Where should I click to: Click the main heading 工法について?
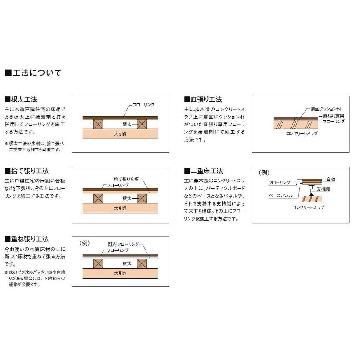[33, 73]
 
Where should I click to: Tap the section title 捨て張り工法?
[27, 171]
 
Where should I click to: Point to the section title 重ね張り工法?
[27, 239]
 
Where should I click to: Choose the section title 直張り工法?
[203, 99]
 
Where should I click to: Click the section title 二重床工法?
[203, 171]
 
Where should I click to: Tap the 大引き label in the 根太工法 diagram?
[120, 134]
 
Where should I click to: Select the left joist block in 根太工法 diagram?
[99, 124]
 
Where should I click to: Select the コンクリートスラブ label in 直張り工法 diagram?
[302, 133]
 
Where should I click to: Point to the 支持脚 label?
[323, 189]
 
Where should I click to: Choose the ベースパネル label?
[280, 195]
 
